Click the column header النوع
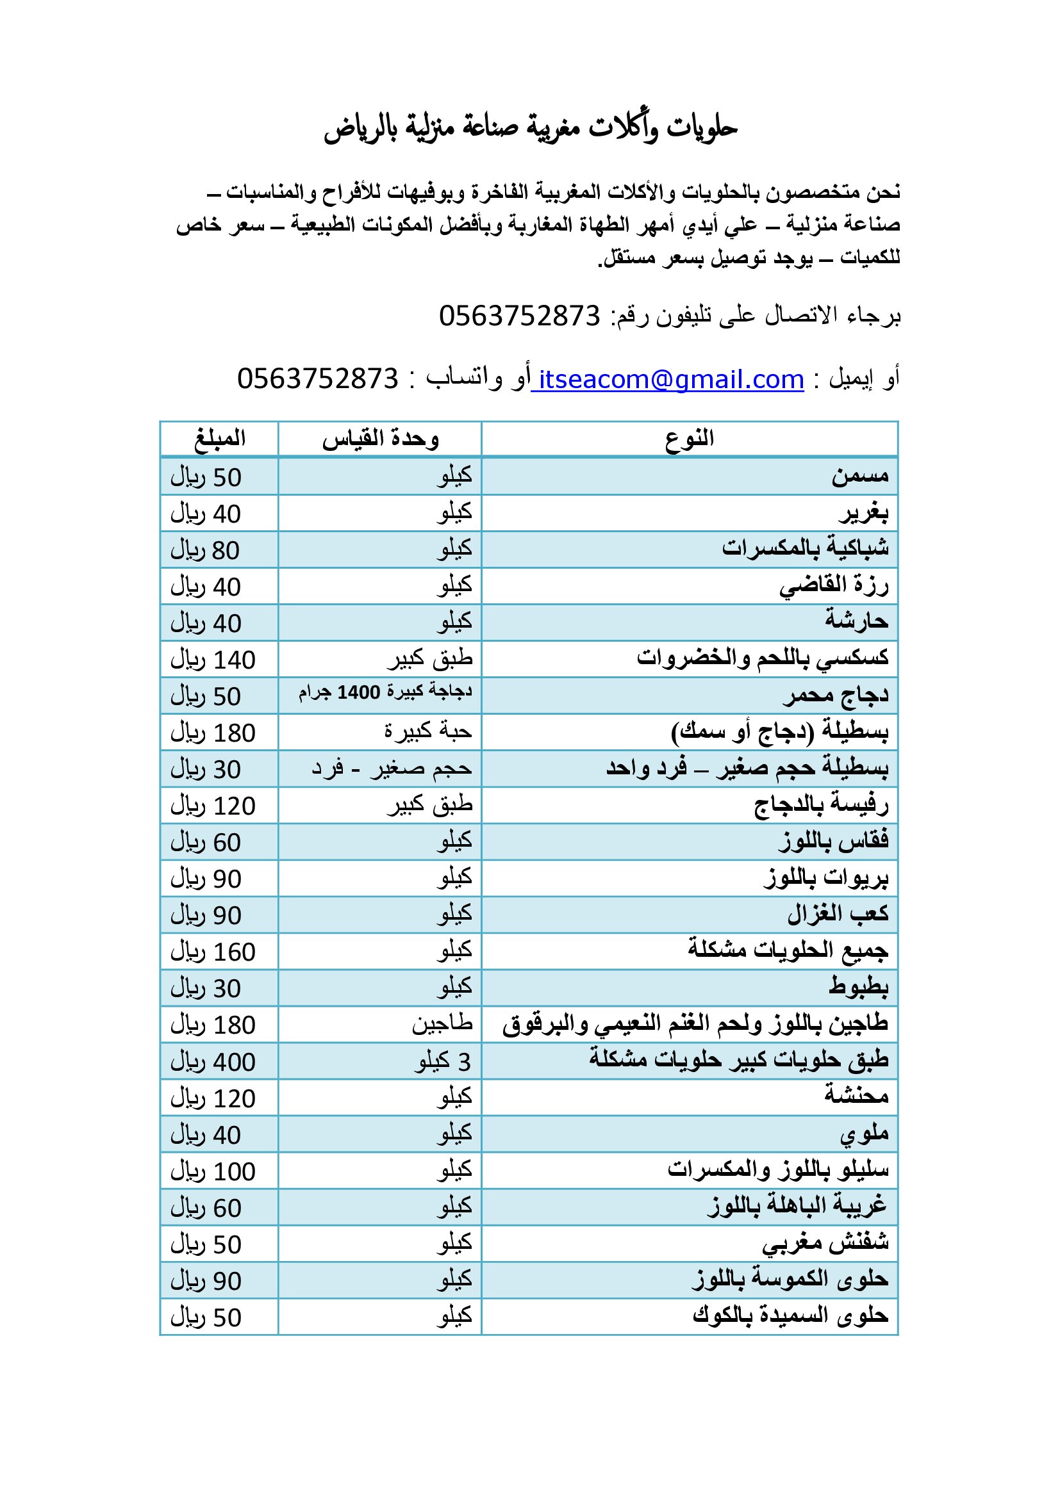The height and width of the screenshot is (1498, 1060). pyautogui.click(x=690, y=439)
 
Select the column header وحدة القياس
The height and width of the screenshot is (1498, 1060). pyautogui.click(x=380, y=439)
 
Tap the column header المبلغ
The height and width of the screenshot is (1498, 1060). pyautogui.click(x=219, y=439)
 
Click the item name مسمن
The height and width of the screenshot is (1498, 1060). pyautogui.click(x=859, y=476)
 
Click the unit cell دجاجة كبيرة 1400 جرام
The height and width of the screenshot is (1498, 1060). pyautogui.click(x=385, y=692)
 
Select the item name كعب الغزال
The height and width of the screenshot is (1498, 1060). pyautogui.click(x=838, y=914)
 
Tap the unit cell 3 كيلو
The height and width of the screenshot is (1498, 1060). pyautogui.click(x=443, y=1062)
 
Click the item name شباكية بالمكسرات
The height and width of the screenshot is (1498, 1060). pyautogui.click(x=805, y=549)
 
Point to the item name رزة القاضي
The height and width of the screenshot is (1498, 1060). pyautogui.click(x=834, y=585)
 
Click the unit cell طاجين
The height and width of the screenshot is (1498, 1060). pyautogui.click(x=442, y=1024)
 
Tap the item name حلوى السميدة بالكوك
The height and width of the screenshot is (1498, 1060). pyautogui.click(x=790, y=1316)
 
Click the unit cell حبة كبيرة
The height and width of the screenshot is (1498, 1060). pyautogui.click(x=427, y=732)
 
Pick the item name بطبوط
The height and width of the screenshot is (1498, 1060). pyautogui.click(x=858, y=988)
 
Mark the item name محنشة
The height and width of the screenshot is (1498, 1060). pyautogui.click(x=856, y=1098)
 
